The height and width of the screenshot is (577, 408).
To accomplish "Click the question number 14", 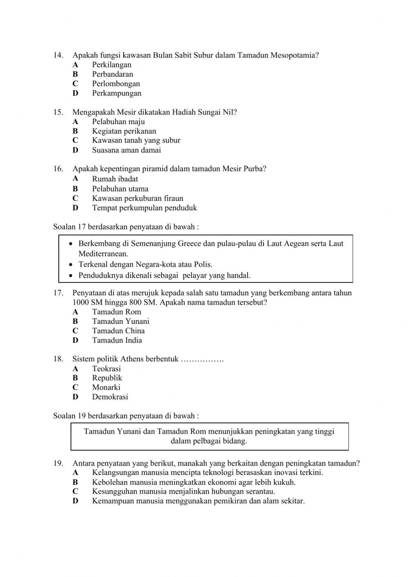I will tap(58, 55).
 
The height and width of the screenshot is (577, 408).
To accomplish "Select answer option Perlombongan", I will tap(116, 84).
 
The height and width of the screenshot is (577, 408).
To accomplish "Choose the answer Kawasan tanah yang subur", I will tap(136, 140).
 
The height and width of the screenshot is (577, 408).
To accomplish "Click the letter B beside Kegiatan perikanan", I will tap(75, 131).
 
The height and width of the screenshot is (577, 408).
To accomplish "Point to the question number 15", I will tap(58, 112).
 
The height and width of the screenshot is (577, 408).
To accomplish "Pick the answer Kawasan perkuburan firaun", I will tap(137, 198).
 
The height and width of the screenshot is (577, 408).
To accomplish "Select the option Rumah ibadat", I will tap(115, 179).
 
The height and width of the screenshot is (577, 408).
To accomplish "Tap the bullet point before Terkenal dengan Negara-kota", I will tap(71, 265).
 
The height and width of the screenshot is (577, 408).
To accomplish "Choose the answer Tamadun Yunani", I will tap(120, 321).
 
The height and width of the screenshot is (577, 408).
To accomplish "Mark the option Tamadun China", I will tap(118, 331).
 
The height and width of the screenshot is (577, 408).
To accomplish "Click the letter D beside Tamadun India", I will tap(75, 341).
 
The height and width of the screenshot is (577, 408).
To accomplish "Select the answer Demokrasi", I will tap(110, 397).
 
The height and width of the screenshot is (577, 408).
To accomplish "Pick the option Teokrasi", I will tap(106, 369).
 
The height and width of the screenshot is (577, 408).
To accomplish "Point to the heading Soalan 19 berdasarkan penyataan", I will tap(126, 416).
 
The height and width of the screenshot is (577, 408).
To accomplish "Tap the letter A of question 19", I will tap(75, 473).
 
